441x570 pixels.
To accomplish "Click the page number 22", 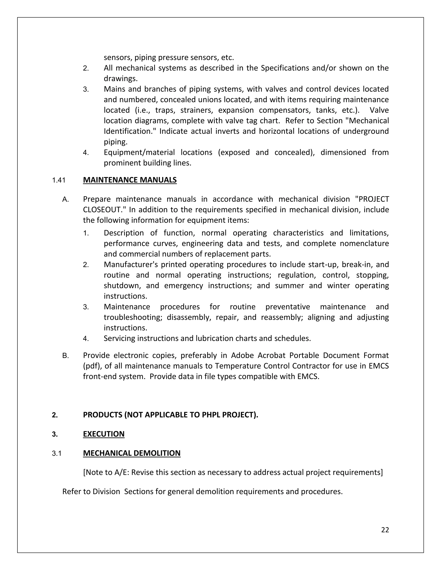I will (x=385, y=530).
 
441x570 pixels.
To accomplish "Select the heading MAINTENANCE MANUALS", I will (x=130, y=180).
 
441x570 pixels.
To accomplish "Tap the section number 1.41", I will (x=59, y=180).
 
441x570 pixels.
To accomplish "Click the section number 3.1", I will (x=56, y=454).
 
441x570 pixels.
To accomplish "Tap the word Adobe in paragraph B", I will (x=241, y=356).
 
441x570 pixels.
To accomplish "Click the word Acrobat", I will (x=271, y=356).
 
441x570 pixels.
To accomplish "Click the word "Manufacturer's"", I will (x=131, y=265).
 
